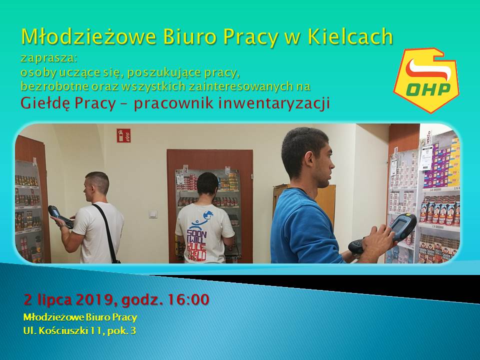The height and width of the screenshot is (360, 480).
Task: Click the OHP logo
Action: (x=426, y=80)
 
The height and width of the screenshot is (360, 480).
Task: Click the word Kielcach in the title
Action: (x=350, y=36)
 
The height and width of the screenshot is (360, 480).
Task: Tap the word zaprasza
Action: (x=48, y=58)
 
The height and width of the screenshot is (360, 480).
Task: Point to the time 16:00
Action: (x=188, y=299)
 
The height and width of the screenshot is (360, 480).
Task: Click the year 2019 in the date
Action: (x=95, y=299)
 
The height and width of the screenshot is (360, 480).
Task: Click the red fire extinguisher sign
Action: (x=123, y=135)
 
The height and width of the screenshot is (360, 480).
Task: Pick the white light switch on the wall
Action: (x=153, y=214)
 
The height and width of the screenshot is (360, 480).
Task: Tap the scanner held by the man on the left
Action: (x=60, y=216)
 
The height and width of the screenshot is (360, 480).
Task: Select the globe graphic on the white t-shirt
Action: (x=209, y=215)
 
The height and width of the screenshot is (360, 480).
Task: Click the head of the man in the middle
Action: (x=207, y=183)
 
